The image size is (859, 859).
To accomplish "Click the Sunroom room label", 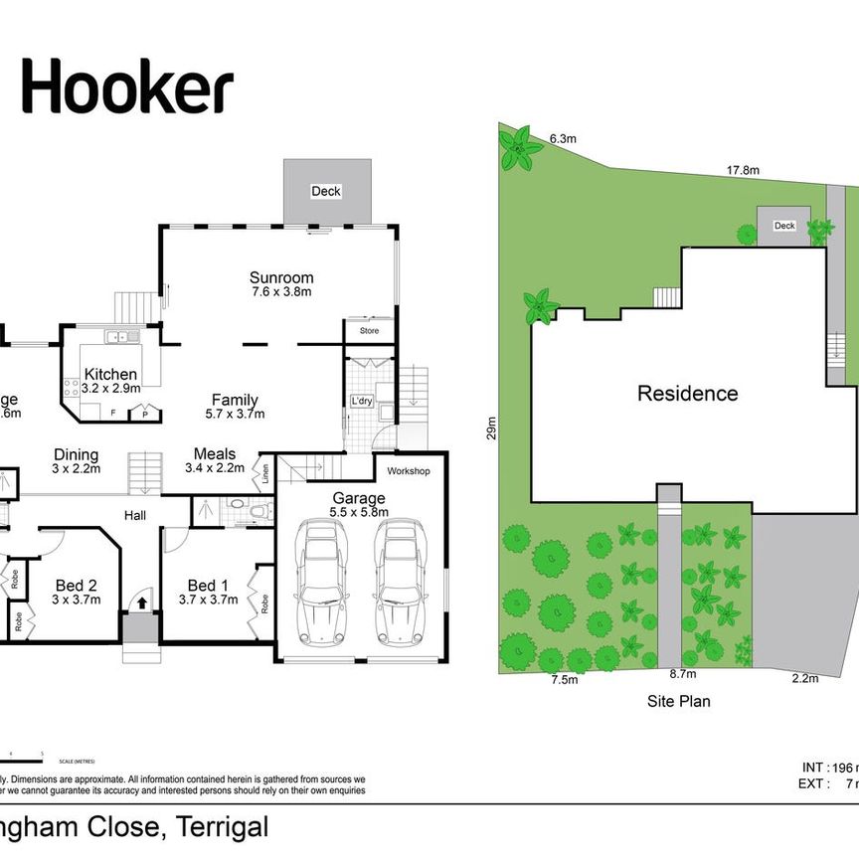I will click(281, 278).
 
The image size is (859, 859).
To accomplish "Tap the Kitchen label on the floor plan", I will click(110, 374).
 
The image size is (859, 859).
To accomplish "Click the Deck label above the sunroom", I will click(325, 191).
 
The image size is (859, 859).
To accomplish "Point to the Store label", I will click(369, 331).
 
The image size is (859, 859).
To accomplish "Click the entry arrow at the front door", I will click(140, 601).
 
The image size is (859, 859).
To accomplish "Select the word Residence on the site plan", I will click(687, 394).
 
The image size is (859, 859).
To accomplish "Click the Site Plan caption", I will click(678, 701).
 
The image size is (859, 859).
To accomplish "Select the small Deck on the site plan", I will click(784, 226).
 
